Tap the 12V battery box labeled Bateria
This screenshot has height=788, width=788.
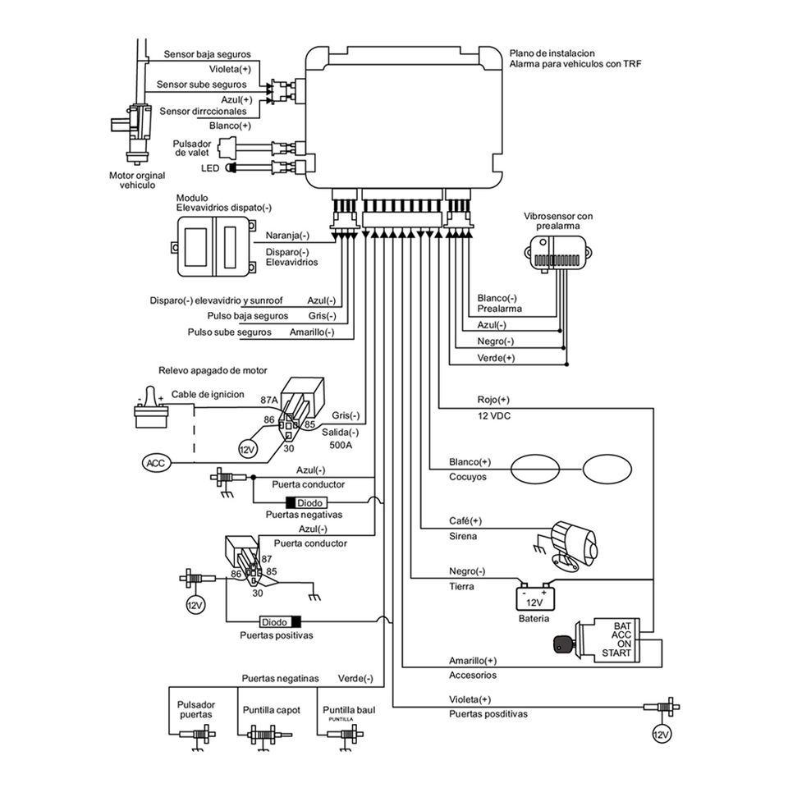(534, 598)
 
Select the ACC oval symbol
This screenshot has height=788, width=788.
(157, 462)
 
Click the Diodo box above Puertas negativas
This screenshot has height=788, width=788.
(306, 502)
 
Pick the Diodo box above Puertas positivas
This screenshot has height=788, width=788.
(281, 621)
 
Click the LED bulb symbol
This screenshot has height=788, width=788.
(231, 167)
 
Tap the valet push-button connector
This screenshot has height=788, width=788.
(227, 148)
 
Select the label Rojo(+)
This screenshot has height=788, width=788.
(493, 400)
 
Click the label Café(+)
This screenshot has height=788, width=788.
(465, 520)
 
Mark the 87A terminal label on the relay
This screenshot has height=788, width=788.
(269, 400)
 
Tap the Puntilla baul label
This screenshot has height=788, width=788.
(349, 709)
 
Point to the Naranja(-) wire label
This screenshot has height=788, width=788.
(287, 236)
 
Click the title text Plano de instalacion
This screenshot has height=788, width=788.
(552, 53)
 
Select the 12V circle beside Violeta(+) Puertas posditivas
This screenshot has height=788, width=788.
(662, 735)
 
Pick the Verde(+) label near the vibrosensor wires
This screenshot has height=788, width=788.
(496, 358)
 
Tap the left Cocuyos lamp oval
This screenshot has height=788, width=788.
(535, 470)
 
